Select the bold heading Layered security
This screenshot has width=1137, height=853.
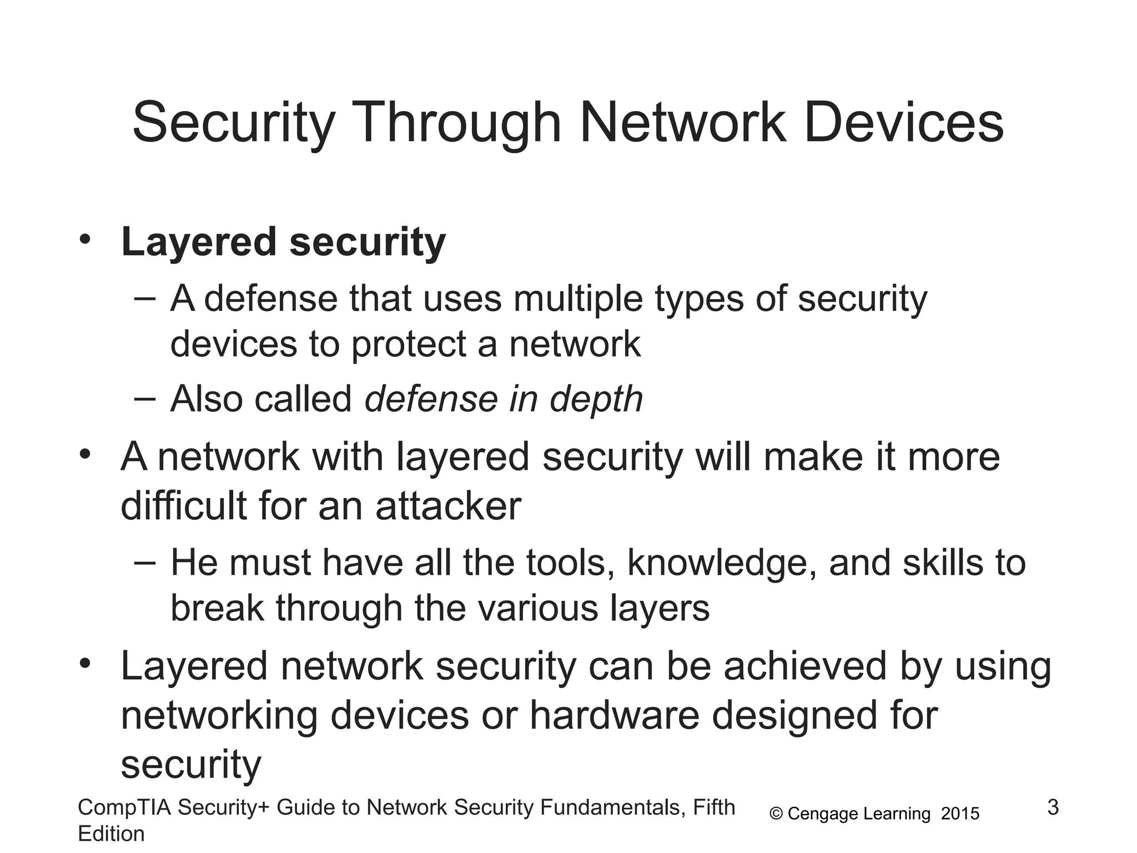[x=283, y=242]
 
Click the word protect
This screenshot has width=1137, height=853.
[x=409, y=344]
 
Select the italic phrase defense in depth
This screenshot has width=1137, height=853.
[x=504, y=399]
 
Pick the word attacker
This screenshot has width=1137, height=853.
[x=448, y=506]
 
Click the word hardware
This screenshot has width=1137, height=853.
[x=614, y=715]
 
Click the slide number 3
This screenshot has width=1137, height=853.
[x=1053, y=807]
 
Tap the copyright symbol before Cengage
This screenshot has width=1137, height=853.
[x=776, y=814]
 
